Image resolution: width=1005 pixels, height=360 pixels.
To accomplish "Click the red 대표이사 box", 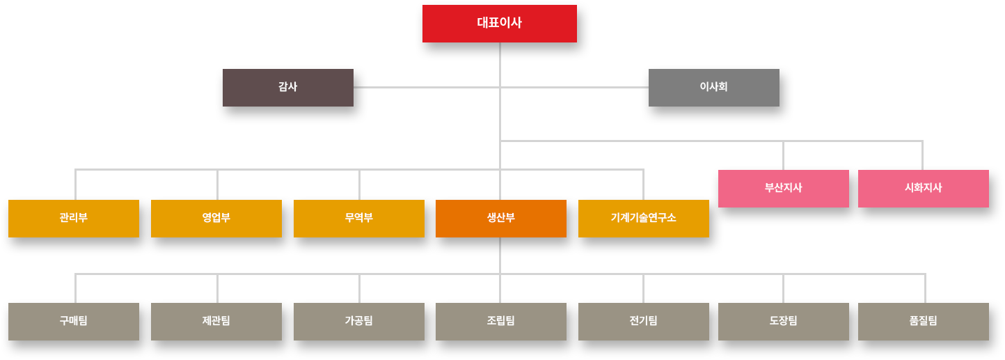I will click(499, 24).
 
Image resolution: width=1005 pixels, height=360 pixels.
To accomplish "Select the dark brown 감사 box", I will click(287, 88).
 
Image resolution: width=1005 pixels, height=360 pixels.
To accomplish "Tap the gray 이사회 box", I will click(713, 88).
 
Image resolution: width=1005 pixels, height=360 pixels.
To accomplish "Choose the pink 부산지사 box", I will click(783, 188).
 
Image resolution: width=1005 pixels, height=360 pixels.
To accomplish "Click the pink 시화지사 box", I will click(923, 188).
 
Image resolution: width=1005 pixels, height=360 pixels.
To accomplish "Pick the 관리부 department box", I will click(74, 218).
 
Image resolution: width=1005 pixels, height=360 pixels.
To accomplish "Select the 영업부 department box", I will click(216, 218).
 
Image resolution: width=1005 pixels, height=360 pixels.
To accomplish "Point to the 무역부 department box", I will click(359, 218).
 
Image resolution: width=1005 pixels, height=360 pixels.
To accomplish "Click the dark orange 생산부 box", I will click(500, 218).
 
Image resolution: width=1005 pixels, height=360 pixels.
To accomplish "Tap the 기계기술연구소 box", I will click(643, 218).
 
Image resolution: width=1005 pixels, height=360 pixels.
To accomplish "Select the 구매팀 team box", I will click(74, 321).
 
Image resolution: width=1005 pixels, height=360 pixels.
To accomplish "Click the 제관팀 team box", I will click(216, 321).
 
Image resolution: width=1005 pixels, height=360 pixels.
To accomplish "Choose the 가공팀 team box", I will click(359, 321).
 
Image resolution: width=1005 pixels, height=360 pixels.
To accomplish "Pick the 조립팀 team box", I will click(500, 321).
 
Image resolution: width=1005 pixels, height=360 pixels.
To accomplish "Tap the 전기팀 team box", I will click(643, 321).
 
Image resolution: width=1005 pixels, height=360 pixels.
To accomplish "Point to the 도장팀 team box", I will click(783, 321).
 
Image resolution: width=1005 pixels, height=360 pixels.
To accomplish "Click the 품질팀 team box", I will click(923, 321).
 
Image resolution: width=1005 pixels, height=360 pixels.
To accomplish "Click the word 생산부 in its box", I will click(500, 217).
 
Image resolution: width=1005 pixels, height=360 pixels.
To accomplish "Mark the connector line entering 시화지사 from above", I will click(923, 155).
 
